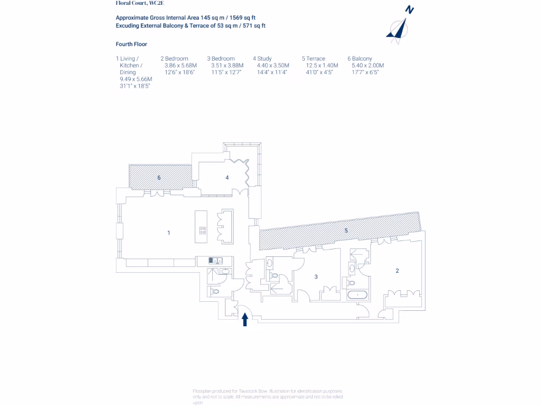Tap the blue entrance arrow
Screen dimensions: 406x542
point(245,319)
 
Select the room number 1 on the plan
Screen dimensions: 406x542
point(169,233)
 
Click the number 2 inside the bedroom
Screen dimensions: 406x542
point(397,271)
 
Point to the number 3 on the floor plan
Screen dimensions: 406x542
point(316,276)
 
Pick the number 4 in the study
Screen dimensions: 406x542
point(227,178)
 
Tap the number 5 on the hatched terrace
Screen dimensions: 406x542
point(346,230)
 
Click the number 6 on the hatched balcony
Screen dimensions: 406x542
point(159,178)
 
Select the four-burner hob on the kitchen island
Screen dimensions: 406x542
point(203,230)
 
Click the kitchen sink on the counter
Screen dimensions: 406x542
point(214,260)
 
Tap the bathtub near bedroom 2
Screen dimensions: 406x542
point(358,294)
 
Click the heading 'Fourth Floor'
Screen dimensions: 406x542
point(131,44)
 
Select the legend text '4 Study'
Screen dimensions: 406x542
point(262,59)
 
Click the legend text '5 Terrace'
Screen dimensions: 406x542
point(313,59)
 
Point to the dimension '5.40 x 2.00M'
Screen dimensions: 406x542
point(367,66)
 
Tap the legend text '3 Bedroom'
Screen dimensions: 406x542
point(221,59)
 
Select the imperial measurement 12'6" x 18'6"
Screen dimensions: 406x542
point(180,72)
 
